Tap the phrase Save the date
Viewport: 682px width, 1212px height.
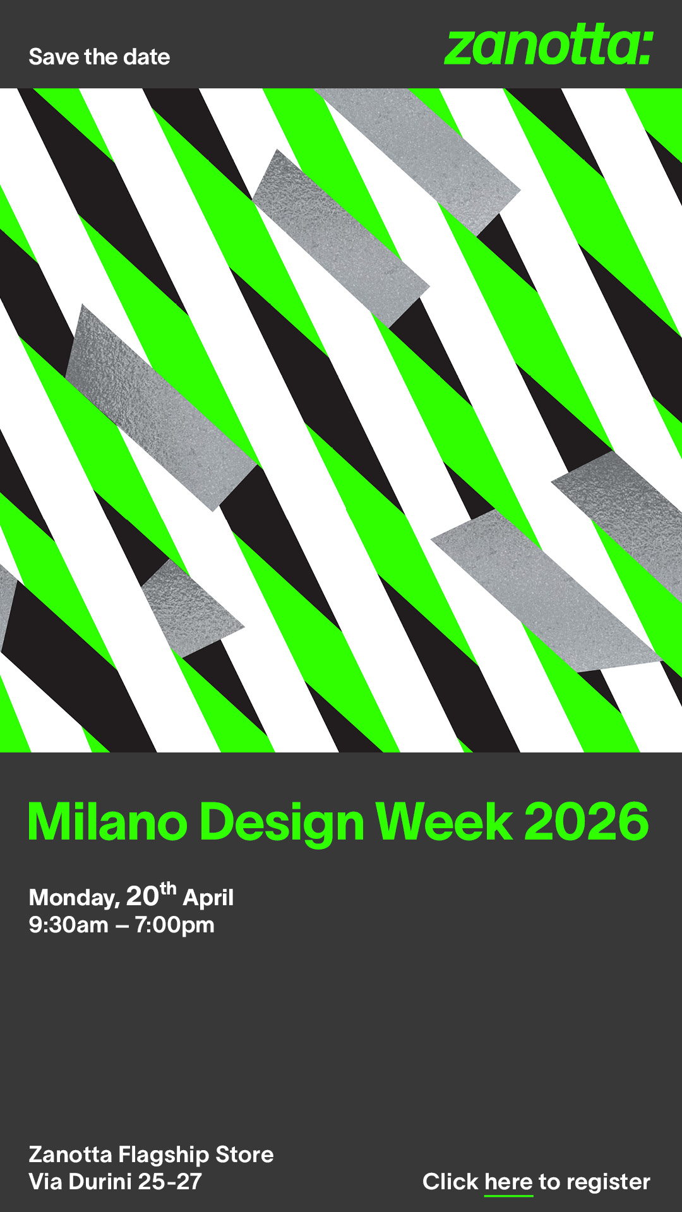99,57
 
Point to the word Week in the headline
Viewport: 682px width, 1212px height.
444,821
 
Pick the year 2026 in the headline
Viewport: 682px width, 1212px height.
587,821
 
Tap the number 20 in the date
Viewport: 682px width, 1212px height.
142,896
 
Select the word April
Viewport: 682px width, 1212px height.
208,898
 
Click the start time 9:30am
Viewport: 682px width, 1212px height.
68,925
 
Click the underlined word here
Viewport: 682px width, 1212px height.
508,1182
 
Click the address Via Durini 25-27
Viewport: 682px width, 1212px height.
116,1182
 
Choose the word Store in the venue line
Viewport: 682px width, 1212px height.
244,1155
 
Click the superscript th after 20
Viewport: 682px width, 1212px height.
168,889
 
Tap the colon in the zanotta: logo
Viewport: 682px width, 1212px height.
645,49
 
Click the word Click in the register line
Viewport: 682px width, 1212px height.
450,1182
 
